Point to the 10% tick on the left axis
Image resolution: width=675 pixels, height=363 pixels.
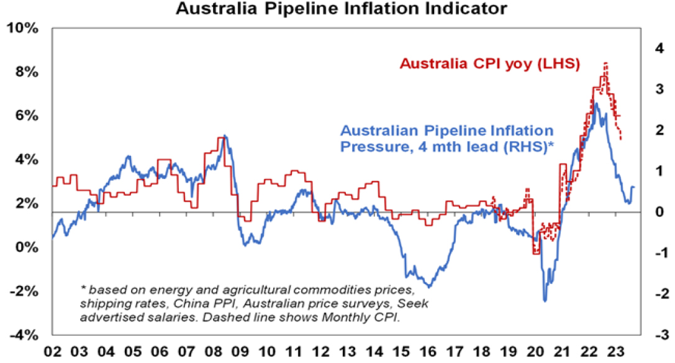[25, 29]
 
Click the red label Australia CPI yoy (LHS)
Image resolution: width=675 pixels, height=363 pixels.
[489, 63]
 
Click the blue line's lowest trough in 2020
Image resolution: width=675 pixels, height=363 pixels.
[545, 301]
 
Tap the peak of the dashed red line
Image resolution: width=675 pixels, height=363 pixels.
[605, 63]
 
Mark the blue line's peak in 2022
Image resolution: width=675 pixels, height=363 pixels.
[596, 104]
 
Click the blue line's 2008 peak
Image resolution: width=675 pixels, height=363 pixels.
[225, 136]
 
